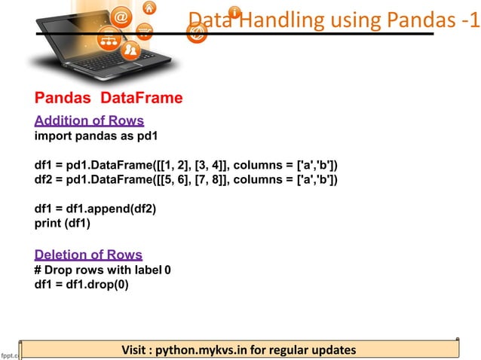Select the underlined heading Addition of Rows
(90, 121)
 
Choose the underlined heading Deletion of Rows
(88, 255)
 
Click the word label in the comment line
(148, 270)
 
